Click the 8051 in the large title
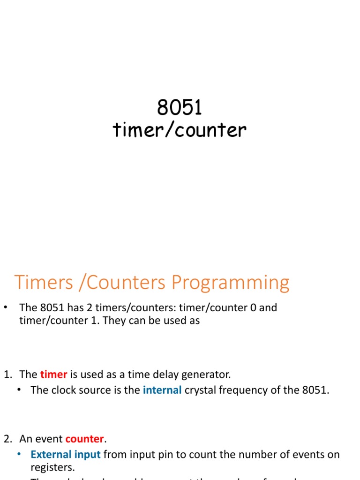[x=180, y=108]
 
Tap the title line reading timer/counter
[x=180, y=130]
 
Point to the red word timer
[x=53, y=375]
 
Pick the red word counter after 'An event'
[x=84, y=439]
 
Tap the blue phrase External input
[x=66, y=454]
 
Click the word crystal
[x=200, y=390]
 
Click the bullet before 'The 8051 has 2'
[x=6, y=307]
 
